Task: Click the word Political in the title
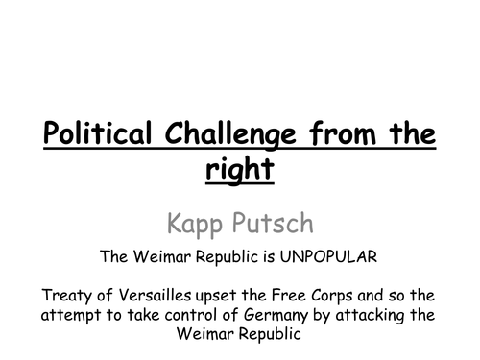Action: click(97, 132)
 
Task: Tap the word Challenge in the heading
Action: click(230, 134)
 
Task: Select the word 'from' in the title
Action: click(343, 133)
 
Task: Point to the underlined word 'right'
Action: click(240, 169)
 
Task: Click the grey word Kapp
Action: click(195, 224)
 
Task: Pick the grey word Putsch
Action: click(273, 223)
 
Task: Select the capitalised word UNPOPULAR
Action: click(328, 256)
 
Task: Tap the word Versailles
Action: click(156, 295)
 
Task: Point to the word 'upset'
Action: click(216, 297)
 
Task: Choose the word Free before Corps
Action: click(289, 295)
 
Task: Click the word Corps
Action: click(331, 296)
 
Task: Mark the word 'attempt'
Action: click(71, 316)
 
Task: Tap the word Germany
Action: click(276, 316)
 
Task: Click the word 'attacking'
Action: click(371, 316)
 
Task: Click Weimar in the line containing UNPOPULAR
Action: click(162, 256)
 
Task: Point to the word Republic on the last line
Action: click(270, 334)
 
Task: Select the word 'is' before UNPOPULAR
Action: click(270, 257)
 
